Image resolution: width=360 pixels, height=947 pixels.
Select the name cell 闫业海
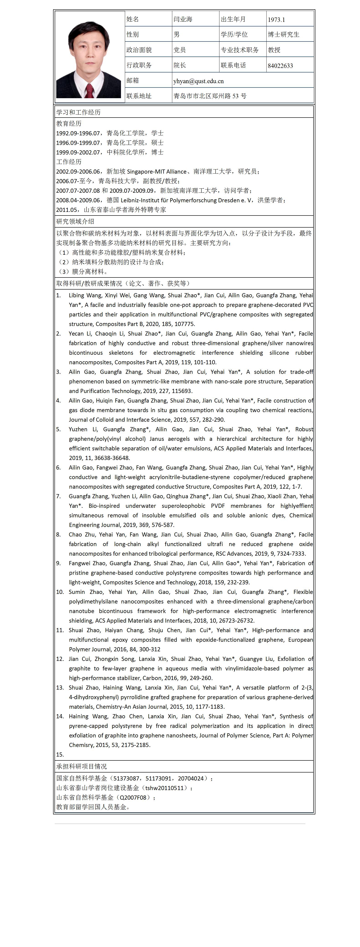(183, 19)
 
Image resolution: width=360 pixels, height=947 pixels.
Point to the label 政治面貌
(139, 50)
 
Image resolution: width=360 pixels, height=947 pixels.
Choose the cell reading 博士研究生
(283, 35)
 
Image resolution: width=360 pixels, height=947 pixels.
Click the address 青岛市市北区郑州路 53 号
(210, 96)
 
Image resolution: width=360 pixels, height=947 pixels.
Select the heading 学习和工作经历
(78, 112)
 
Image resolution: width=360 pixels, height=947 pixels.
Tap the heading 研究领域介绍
(75, 221)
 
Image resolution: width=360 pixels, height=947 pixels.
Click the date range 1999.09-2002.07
(78, 152)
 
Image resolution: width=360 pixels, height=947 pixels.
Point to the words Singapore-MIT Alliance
(157, 171)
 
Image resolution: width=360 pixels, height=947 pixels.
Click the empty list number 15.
(60, 754)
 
